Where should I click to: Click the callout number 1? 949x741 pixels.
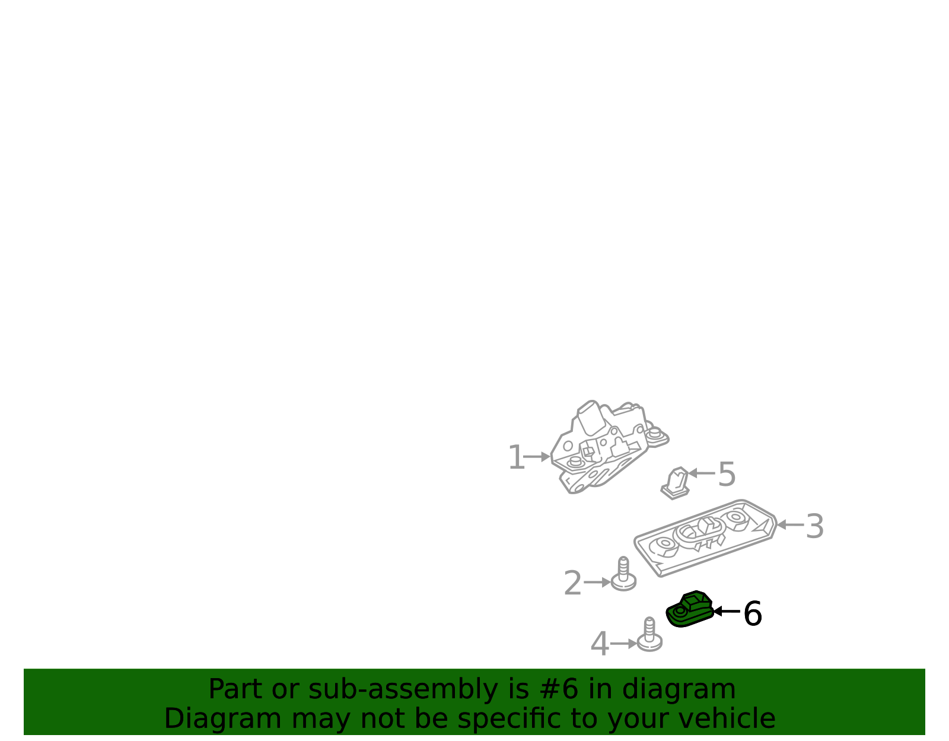pyautogui.click(x=516, y=457)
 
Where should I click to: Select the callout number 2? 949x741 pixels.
pyautogui.click(x=573, y=583)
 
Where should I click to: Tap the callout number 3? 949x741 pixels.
pyautogui.click(x=814, y=527)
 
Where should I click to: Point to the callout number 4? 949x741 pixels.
pyautogui.click(x=600, y=644)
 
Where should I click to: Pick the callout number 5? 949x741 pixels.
pyautogui.click(x=727, y=474)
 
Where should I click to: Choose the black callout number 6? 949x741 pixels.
pyautogui.click(x=753, y=613)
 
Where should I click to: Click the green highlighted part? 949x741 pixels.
pyautogui.click(x=690, y=609)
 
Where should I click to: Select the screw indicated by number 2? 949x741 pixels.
pyautogui.click(x=623, y=574)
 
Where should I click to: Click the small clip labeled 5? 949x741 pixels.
pyautogui.click(x=675, y=484)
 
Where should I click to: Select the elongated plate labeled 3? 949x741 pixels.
pyautogui.click(x=705, y=538)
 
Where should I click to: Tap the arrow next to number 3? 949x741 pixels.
pyautogui.click(x=791, y=525)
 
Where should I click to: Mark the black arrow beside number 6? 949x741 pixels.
pyautogui.click(x=727, y=611)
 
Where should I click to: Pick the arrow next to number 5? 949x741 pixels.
pyautogui.click(x=702, y=473)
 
